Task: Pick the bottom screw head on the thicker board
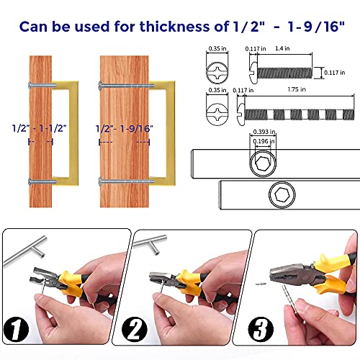tap(99, 180)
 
